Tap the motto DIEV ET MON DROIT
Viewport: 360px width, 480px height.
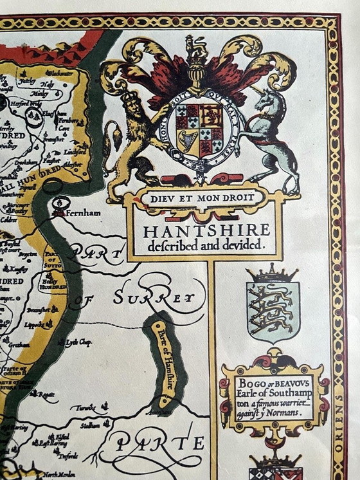point(203,198)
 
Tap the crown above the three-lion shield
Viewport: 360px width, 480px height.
point(273,273)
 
